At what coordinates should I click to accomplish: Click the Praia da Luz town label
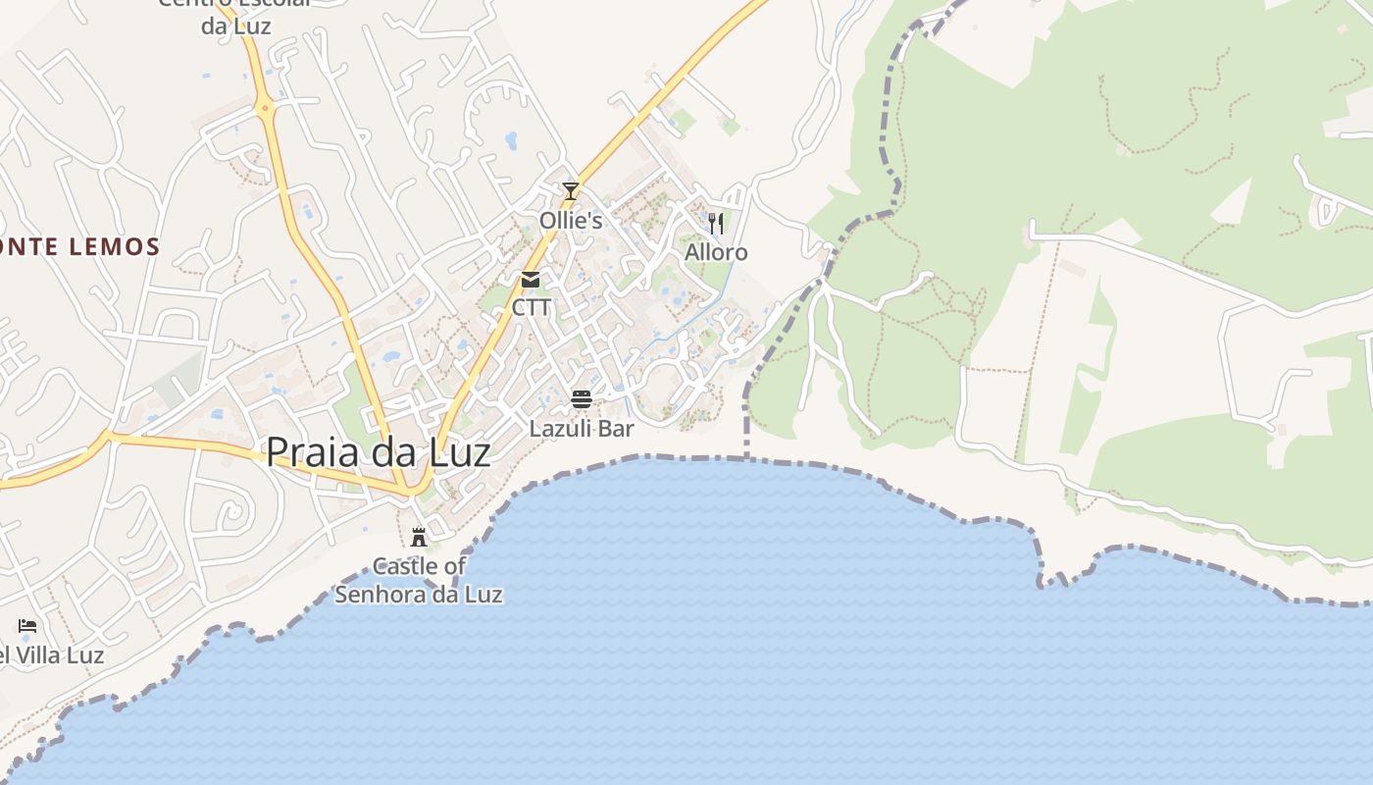pos(378,452)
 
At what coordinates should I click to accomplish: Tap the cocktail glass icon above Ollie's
pos(571,190)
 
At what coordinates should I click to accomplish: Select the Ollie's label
pos(571,220)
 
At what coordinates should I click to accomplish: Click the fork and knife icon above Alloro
pos(716,223)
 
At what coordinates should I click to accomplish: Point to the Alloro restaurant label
pos(716,252)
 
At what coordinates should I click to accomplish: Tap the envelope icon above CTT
pos(531,280)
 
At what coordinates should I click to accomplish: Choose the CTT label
pos(532,308)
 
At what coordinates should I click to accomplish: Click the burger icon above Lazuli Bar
pos(582,398)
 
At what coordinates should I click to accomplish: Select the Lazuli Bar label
pos(582,429)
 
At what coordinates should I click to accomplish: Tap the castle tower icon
pos(419,537)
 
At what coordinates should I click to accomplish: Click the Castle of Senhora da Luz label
pos(419,580)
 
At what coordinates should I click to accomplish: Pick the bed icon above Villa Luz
pos(27,625)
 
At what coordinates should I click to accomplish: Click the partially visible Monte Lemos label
pos(78,246)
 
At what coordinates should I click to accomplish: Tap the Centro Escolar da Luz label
pos(235,15)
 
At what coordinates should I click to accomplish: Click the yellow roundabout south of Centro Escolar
pos(265,107)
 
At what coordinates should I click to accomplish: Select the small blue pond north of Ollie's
pos(511,140)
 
